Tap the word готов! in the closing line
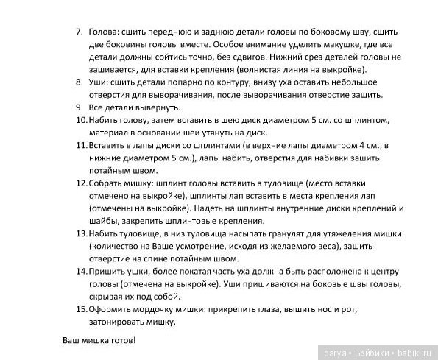[x=121, y=342]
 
